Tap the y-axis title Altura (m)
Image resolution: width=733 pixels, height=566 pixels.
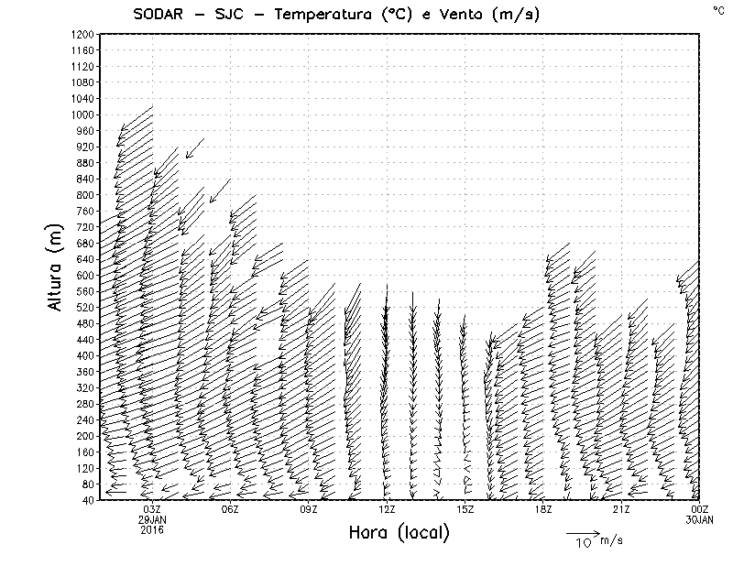click(x=58, y=267)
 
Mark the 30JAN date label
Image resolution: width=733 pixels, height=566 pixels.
click(x=700, y=520)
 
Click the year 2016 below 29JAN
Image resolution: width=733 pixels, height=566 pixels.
click(x=152, y=530)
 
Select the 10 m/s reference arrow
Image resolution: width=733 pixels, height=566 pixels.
click(x=582, y=532)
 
